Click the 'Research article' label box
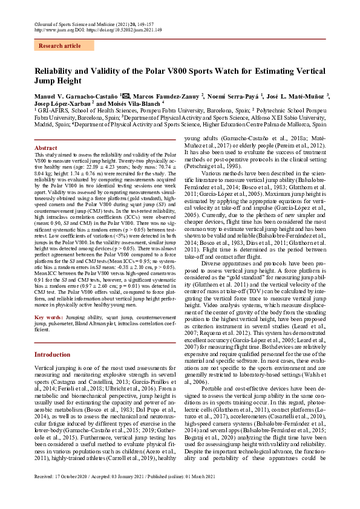point(59,46)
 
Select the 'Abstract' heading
point(46,148)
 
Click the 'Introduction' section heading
point(53,354)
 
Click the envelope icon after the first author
point(126,96)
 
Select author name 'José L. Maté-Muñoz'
point(296,97)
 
